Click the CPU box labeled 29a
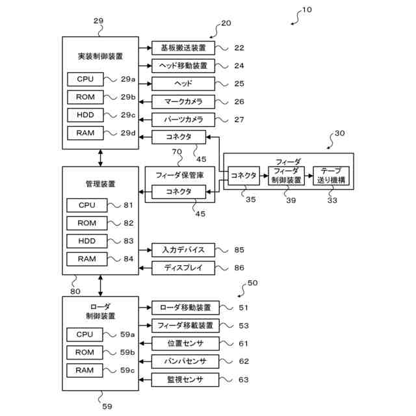[85, 79]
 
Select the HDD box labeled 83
[87, 241]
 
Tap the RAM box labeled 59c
[84, 370]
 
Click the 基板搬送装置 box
[183, 48]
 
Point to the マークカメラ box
[183, 101]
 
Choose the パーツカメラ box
[183, 120]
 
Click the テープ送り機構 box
[331, 175]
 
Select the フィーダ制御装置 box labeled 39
[286, 175]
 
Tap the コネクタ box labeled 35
[244, 175]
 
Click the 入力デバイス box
[183, 250]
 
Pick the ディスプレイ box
[183, 268]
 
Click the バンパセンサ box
[185, 361]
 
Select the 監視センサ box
[185, 380]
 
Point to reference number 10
[307, 10]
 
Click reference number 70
[177, 151]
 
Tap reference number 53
[244, 326]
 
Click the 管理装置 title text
[100, 184]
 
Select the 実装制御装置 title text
[100, 57]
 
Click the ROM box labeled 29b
[85, 97]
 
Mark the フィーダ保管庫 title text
[179, 175]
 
